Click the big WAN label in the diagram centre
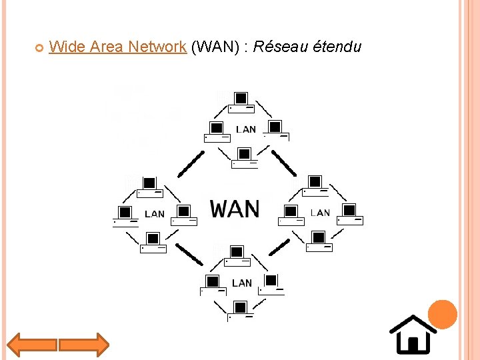pos(235,209)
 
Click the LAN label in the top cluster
pos(246,129)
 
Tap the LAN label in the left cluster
pos(154,214)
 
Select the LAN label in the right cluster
pos(320,213)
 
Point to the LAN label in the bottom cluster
pos(242,283)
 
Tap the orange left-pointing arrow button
pos(32,345)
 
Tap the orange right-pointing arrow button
pos(83,345)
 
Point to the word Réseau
pos(280,47)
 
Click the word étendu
pos(336,47)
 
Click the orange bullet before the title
pos(39,47)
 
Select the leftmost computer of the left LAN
pos(123,215)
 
